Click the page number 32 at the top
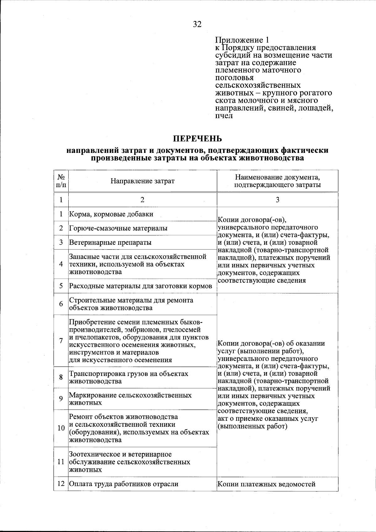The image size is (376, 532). tap(197, 24)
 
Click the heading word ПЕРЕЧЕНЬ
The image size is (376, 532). tap(197, 138)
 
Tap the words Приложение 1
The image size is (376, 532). tap(242, 40)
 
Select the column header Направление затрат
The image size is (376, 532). tap(142, 181)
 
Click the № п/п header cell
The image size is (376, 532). tap(61, 181)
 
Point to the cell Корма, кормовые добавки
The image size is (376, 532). tap(111, 214)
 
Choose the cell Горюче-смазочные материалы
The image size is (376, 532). tap(118, 228)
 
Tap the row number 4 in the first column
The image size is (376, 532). tap(61, 264)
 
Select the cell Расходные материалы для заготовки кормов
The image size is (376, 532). tap(140, 286)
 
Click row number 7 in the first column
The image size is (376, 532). tap(61, 341)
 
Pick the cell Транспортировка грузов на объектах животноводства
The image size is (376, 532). tap(128, 378)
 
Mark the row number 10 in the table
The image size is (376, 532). tap(61, 428)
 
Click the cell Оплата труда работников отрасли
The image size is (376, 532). tap(124, 484)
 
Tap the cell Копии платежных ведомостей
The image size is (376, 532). tap(266, 484)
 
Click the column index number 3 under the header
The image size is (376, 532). tap(277, 200)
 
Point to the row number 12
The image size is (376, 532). tap(61, 484)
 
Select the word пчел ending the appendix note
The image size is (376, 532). tap(224, 116)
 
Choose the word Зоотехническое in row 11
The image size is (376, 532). tap(96, 454)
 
